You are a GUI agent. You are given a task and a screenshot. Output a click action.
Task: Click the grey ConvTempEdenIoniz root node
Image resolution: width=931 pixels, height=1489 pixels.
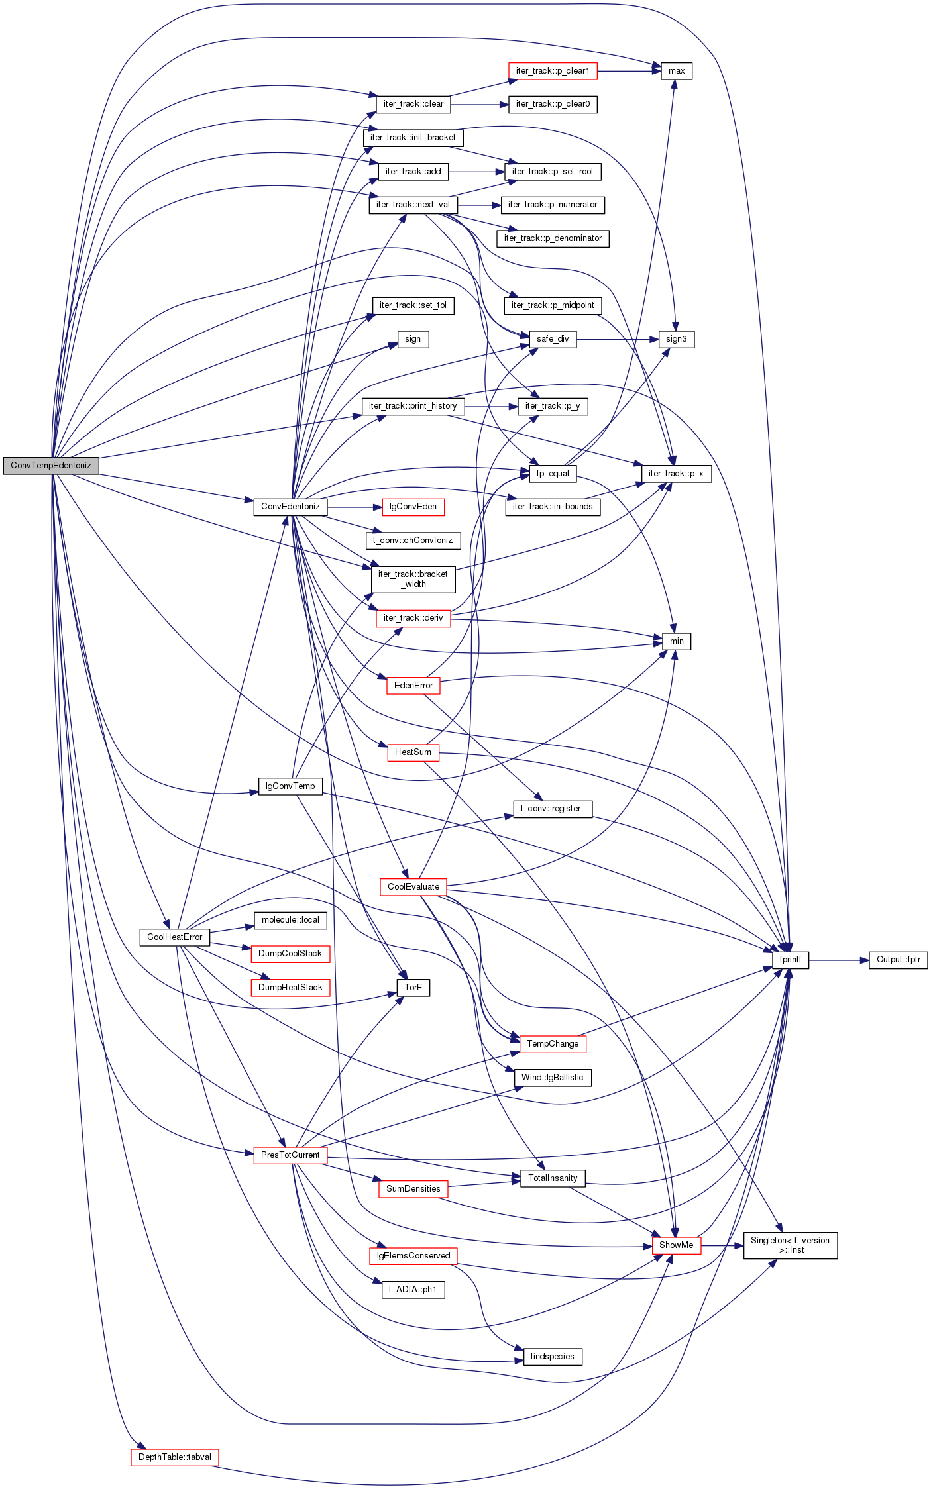tap(51, 466)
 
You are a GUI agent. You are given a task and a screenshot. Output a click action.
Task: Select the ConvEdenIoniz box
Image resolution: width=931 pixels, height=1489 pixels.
tap(290, 507)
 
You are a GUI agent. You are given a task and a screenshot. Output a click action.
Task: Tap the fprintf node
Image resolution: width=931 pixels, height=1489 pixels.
tap(790, 960)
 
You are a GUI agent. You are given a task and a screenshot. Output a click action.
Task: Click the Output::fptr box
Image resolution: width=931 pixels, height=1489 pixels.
tap(898, 960)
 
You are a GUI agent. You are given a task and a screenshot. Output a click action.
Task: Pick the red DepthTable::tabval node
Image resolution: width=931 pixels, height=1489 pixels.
tap(175, 1457)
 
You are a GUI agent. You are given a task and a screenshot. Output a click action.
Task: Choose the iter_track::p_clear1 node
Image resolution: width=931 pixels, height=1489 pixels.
tap(553, 71)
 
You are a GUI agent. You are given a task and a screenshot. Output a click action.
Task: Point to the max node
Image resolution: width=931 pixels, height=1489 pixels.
tap(677, 71)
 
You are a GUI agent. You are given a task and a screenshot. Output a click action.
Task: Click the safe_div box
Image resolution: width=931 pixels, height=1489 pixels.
tap(553, 339)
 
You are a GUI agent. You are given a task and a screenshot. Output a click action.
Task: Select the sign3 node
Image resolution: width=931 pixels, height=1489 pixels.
tap(677, 339)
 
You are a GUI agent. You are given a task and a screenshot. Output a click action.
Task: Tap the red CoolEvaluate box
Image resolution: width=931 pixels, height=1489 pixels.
tap(413, 887)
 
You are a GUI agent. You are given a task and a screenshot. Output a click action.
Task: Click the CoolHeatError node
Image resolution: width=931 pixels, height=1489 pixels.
tap(175, 937)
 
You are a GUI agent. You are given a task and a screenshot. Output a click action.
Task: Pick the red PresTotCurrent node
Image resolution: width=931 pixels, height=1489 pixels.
tap(290, 1155)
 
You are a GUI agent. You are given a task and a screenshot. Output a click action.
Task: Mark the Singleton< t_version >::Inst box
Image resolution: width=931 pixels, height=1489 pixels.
tap(790, 1245)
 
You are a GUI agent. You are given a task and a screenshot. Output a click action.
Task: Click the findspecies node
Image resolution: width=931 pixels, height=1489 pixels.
tap(553, 1357)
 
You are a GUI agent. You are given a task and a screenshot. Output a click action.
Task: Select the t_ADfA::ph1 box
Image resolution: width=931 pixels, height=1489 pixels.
tap(413, 1290)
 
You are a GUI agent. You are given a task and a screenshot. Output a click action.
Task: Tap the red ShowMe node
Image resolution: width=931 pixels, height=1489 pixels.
tap(677, 1245)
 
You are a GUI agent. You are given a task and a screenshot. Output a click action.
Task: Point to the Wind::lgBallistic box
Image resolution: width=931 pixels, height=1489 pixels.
tap(553, 1078)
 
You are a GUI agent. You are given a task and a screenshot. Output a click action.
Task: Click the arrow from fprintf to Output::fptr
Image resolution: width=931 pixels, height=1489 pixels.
tap(839, 960)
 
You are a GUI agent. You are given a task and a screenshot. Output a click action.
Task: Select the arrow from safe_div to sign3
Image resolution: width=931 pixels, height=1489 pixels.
tap(618, 339)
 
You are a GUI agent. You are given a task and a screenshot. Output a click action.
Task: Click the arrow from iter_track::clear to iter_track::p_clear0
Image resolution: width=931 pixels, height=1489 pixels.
tap(480, 105)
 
